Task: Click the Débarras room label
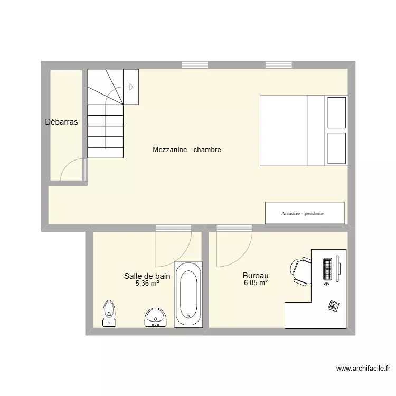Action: point(61,122)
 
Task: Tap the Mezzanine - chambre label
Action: point(186,150)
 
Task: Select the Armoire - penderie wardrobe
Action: point(305,213)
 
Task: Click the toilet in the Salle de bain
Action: point(109,314)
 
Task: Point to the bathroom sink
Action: point(155,317)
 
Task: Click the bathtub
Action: point(188,294)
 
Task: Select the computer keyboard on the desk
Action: point(328,269)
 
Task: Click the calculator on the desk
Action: point(333,305)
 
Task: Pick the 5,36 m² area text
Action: point(147,283)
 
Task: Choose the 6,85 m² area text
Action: point(256,283)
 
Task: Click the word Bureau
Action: point(256,275)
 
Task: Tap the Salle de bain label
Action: point(147,275)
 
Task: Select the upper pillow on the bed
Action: point(336,112)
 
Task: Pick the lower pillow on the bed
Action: point(336,148)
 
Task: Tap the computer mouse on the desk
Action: point(326,284)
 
